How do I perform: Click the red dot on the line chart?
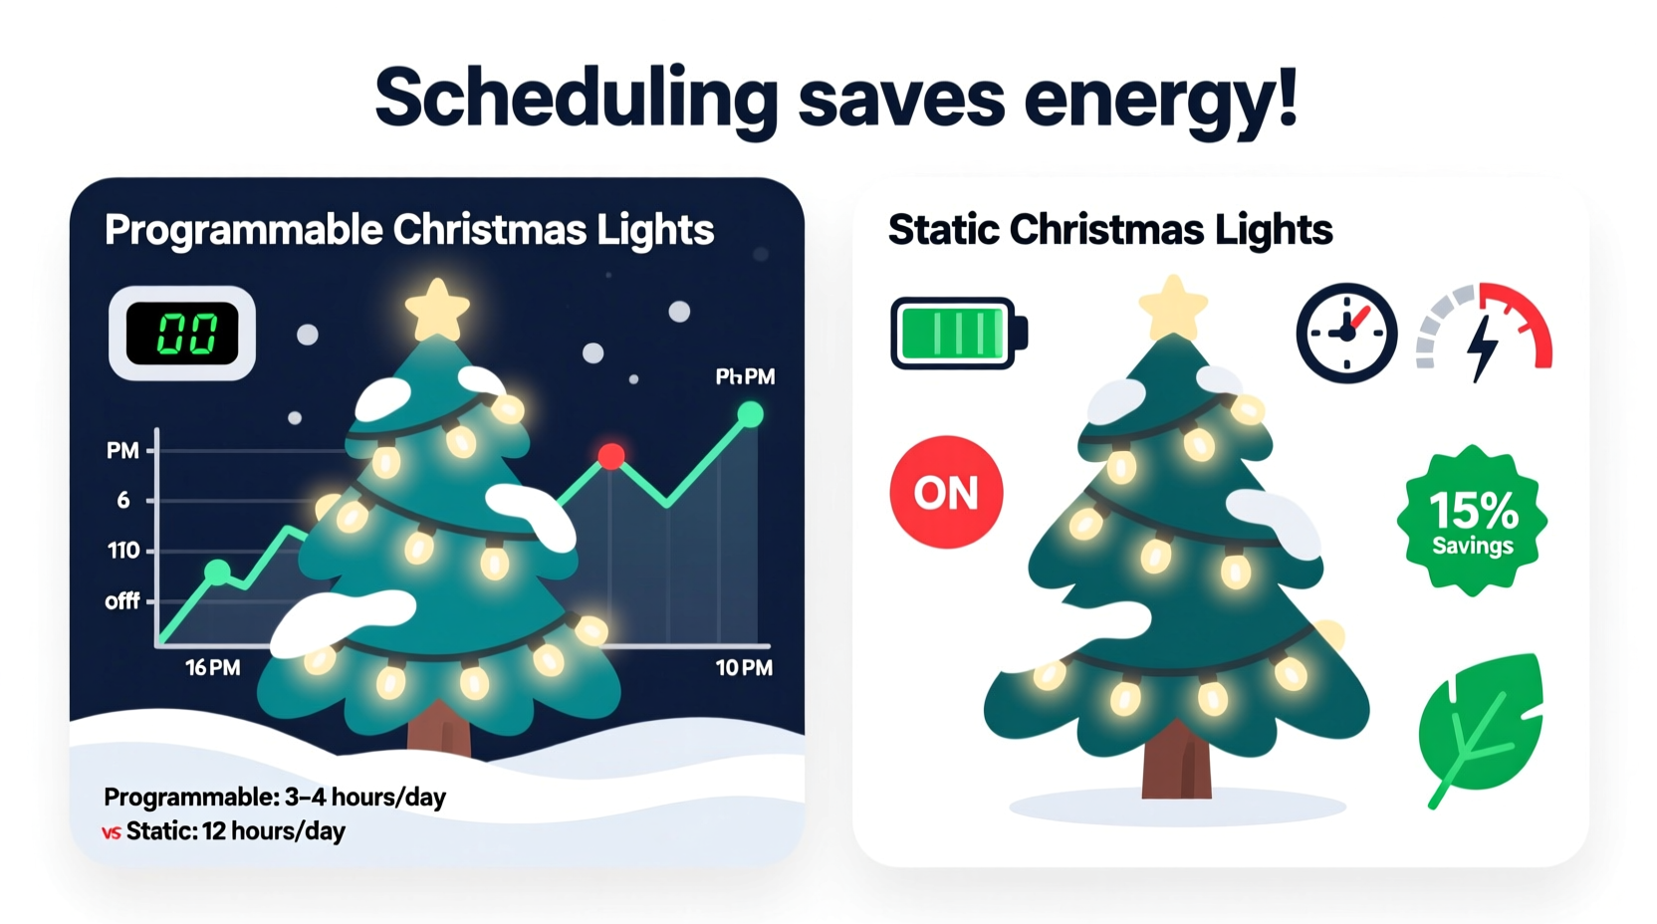(x=611, y=456)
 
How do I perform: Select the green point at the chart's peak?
(x=751, y=414)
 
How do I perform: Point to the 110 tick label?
(x=123, y=551)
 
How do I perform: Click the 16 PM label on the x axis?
(x=212, y=668)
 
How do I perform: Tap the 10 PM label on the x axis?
(x=744, y=668)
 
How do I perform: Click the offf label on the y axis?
(x=122, y=601)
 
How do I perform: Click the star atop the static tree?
(x=1173, y=309)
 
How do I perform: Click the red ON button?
(x=946, y=492)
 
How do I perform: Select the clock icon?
(x=1346, y=333)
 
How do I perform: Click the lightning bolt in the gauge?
(x=1483, y=347)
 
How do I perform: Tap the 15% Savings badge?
(x=1472, y=521)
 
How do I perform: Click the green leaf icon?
(x=1482, y=727)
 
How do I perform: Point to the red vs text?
(x=112, y=832)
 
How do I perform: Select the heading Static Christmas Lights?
(x=1109, y=230)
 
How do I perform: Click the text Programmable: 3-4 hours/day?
(x=275, y=798)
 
